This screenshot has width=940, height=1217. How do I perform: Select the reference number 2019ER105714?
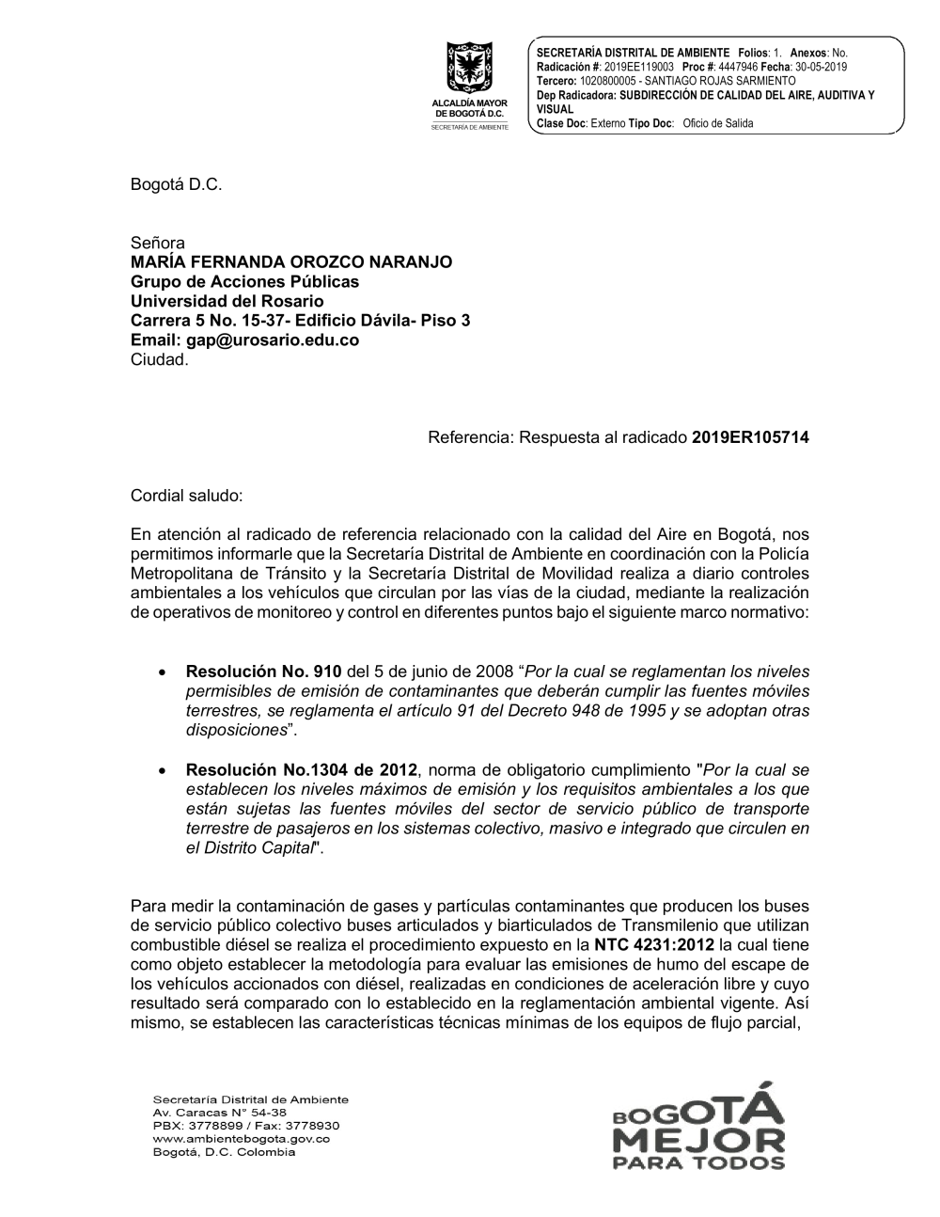(x=750, y=437)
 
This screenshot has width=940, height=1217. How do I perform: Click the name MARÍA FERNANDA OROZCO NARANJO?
(x=290, y=261)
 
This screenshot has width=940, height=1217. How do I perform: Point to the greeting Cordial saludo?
(x=187, y=495)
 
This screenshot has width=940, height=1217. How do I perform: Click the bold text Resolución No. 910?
(x=264, y=672)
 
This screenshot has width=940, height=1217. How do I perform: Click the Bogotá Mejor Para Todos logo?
(x=697, y=1125)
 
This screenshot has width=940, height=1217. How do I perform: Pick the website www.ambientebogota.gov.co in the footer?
(x=241, y=1139)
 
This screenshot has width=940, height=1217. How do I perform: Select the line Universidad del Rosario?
(x=227, y=301)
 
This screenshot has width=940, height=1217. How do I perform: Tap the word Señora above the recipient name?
(x=158, y=243)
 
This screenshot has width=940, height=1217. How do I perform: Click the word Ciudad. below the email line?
(x=160, y=360)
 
